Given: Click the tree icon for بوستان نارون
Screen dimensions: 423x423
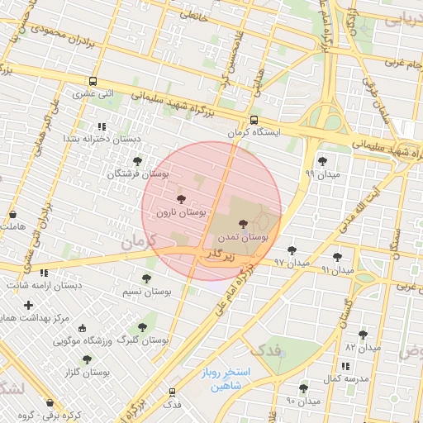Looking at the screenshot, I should [x=182, y=199].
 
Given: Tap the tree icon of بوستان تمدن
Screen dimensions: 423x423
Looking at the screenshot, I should [x=243, y=223].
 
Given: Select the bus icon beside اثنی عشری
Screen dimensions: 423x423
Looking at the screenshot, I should [x=93, y=82].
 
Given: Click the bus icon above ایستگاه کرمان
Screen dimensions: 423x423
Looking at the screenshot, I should [x=242, y=119].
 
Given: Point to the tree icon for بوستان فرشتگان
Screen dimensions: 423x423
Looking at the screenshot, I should [x=137, y=161].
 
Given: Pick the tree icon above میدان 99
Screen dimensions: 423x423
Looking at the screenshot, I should [x=321, y=161].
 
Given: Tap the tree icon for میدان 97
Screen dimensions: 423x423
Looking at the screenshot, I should [x=292, y=250].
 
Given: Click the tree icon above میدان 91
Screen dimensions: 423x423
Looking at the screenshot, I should [x=337, y=257].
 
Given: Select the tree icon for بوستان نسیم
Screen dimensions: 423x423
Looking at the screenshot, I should [x=147, y=278].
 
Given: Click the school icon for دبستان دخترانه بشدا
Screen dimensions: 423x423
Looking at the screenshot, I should [x=102, y=126].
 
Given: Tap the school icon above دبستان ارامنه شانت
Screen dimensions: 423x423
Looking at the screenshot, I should [x=44, y=273].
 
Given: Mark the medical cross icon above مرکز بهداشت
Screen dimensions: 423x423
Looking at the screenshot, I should [x=29, y=305].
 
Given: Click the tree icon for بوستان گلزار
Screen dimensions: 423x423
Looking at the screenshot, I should [x=87, y=359].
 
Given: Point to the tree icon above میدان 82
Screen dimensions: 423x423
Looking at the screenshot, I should [x=363, y=335].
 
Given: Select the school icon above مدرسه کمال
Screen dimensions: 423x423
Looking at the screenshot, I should [x=345, y=365].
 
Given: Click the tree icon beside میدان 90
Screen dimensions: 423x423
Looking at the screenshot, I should [x=303, y=387].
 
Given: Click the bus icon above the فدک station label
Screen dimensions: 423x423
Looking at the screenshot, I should [x=172, y=392].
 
